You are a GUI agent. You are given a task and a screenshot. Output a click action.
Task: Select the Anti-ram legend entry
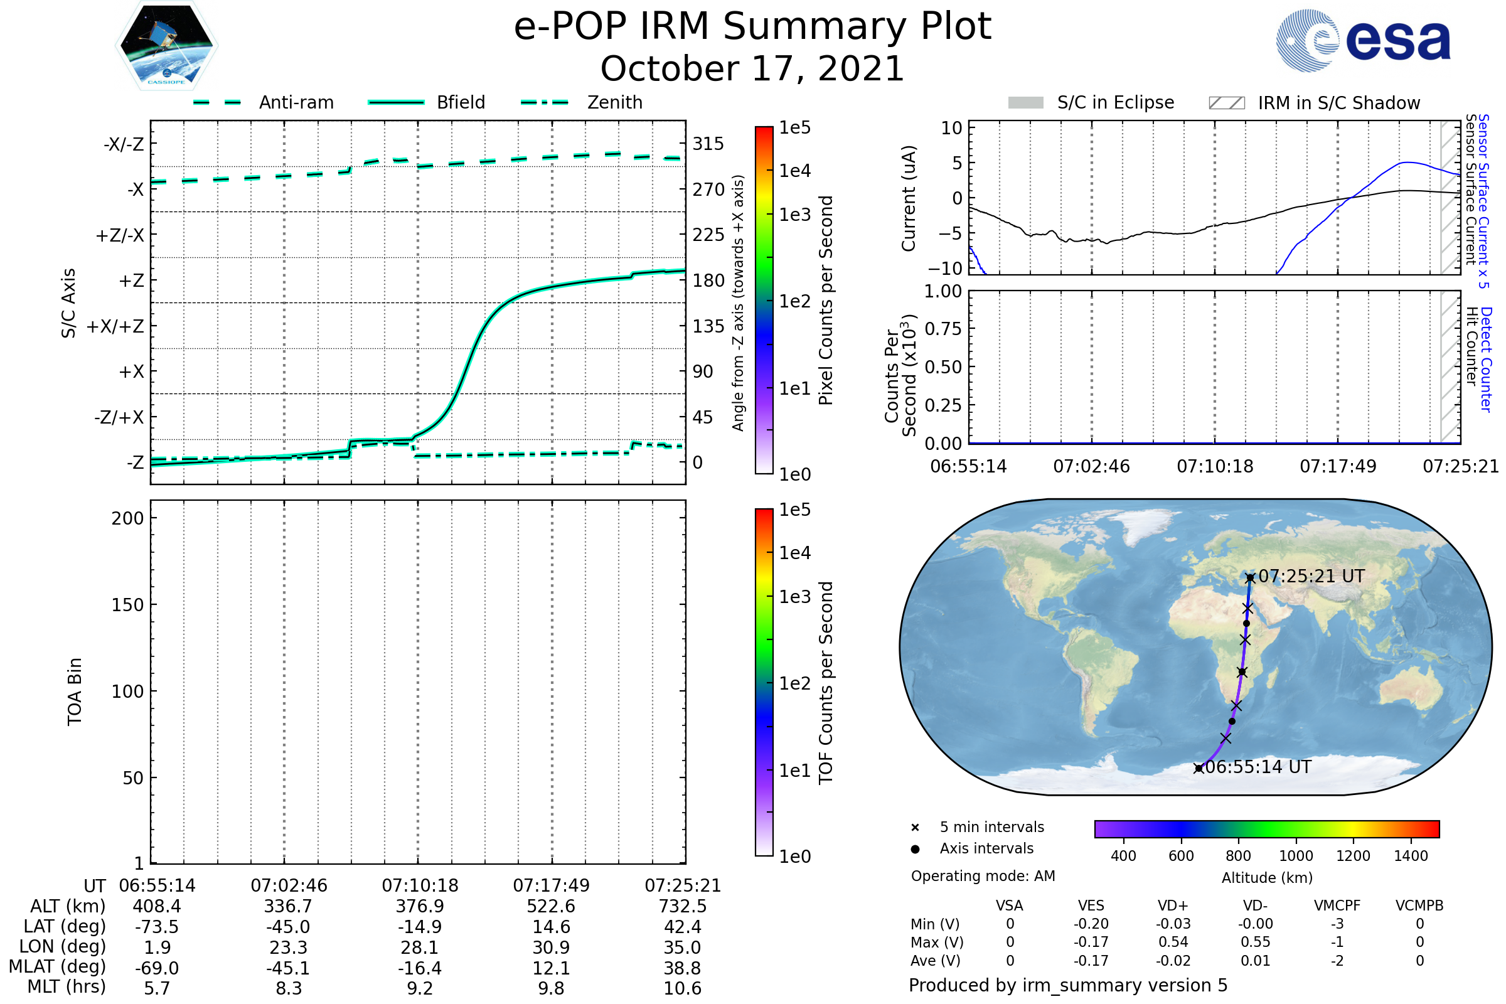click(296, 102)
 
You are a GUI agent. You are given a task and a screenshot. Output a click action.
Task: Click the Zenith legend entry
click(614, 102)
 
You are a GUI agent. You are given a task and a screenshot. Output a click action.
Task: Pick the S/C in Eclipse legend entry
click(1115, 102)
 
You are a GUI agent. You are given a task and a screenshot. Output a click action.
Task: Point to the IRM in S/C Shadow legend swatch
click(1226, 103)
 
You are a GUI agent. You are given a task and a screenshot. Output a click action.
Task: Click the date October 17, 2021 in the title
click(752, 69)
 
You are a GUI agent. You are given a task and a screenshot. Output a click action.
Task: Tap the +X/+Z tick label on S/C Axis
click(115, 326)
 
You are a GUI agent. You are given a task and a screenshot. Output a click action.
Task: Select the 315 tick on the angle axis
click(708, 144)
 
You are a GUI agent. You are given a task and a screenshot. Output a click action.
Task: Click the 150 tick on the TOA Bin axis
click(127, 605)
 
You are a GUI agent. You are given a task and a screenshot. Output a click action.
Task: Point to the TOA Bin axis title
click(74, 692)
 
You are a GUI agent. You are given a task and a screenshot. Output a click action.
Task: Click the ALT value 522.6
click(551, 907)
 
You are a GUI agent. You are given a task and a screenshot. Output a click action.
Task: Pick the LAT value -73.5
click(157, 927)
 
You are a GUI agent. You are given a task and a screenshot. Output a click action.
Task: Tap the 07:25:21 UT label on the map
click(1311, 576)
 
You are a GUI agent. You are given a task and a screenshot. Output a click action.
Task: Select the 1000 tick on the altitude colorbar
click(1295, 856)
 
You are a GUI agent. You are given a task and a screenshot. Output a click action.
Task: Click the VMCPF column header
click(1337, 906)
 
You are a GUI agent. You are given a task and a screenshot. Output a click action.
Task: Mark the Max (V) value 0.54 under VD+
click(1173, 943)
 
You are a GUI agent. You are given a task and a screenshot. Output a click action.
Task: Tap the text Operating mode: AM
click(983, 876)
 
